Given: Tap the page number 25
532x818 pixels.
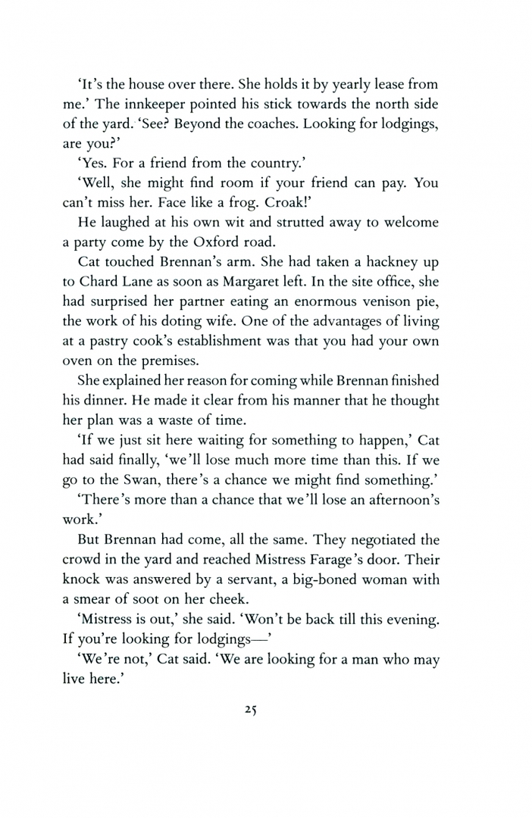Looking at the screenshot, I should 253,710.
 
